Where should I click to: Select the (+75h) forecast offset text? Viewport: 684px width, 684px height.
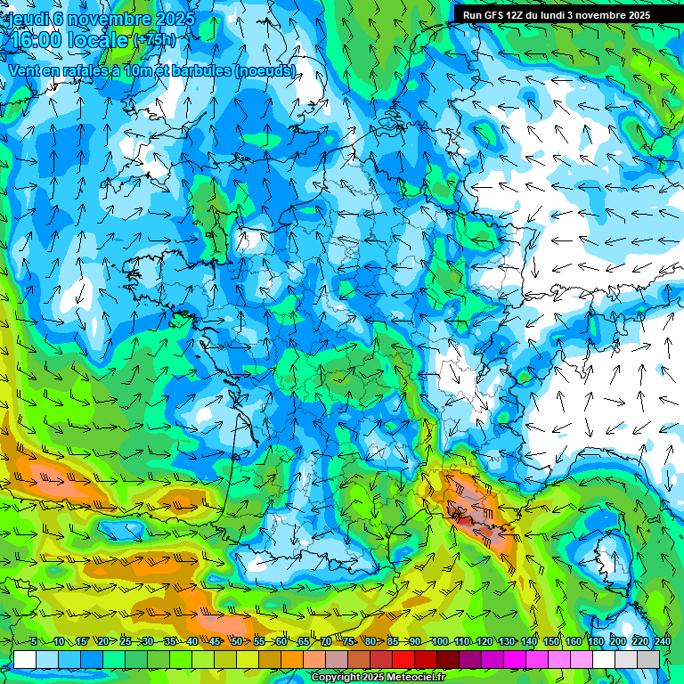tap(154, 40)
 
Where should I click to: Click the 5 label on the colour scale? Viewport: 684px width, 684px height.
tap(34, 642)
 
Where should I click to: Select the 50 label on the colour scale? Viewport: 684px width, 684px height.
tap(237, 642)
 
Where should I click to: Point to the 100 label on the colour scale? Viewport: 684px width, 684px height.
tap(439, 642)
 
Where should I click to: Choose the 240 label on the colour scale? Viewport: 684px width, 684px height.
tap(662, 642)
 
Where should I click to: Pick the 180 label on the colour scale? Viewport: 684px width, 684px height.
tap(595, 642)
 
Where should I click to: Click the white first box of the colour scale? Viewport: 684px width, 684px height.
tap(25, 660)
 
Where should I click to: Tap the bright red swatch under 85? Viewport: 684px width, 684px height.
tap(403, 660)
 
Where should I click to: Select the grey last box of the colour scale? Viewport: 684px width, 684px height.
tap(648, 660)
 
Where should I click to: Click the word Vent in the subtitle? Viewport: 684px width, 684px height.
tap(25, 70)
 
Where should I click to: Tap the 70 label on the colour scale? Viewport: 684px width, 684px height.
tap(326, 642)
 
